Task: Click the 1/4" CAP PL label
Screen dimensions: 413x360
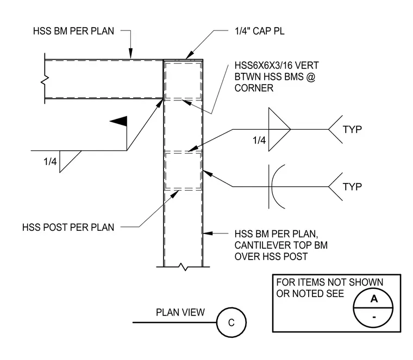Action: pos(259,31)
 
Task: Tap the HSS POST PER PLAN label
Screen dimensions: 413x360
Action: pos(68,228)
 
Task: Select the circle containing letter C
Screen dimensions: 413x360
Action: pos(231,323)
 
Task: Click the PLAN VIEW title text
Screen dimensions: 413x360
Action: pos(180,312)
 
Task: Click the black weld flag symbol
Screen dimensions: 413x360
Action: pos(119,121)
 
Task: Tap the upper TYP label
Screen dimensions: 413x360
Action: pos(352,129)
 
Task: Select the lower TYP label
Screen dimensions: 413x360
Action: pos(352,187)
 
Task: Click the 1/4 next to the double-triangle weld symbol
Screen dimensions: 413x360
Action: pos(259,140)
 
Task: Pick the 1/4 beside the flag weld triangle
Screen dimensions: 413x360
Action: pos(50,161)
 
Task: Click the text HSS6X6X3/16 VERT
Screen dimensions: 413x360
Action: pos(277,65)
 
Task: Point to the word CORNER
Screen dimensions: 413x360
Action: pos(254,88)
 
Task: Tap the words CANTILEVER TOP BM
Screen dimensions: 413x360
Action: pos(281,245)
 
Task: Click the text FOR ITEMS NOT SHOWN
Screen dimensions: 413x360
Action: pos(329,282)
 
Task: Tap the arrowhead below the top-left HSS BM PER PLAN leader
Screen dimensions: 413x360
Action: pos(130,53)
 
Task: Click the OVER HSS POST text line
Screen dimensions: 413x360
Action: pos(271,257)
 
